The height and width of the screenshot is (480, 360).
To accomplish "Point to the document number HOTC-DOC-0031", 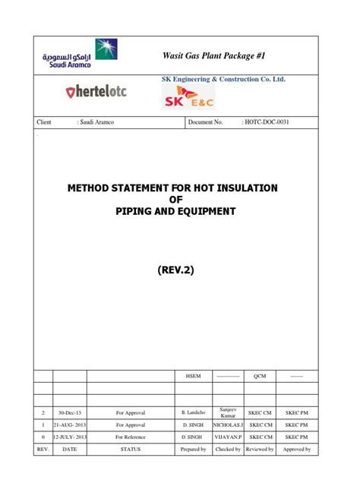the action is [267, 122].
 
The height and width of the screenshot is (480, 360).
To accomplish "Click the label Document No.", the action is [205, 122].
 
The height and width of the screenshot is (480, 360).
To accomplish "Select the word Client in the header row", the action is [44, 122].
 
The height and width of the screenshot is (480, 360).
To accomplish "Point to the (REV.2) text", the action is [180, 269].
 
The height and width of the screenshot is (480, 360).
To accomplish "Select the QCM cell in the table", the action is [260, 376].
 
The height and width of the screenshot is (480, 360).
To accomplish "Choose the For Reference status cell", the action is [131, 437].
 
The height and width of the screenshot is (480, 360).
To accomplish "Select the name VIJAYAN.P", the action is [226, 437].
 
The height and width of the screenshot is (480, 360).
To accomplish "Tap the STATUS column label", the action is [131, 450].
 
